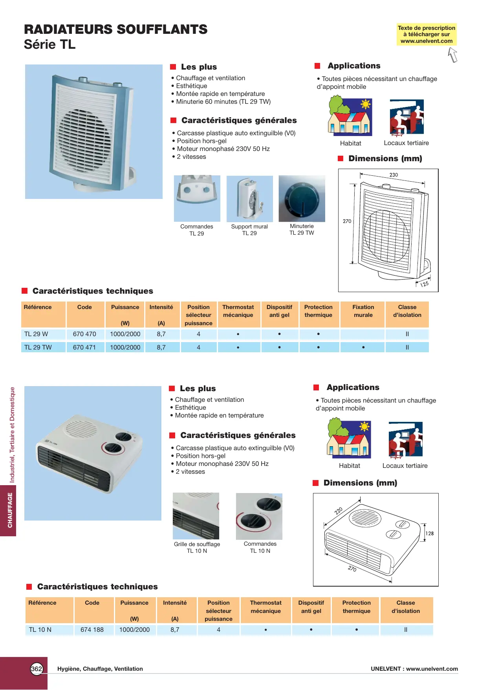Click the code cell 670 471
click(x=84, y=348)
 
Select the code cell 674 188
click(x=92, y=630)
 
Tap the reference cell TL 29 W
click(x=36, y=334)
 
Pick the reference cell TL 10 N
click(x=40, y=630)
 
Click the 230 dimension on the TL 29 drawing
click(x=394, y=175)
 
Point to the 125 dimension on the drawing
click(x=424, y=284)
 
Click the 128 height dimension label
click(x=430, y=534)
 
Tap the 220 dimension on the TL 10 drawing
click(x=339, y=511)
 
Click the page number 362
click(x=37, y=669)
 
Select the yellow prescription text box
click(x=427, y=35)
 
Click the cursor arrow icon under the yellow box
click(x=453, y=55)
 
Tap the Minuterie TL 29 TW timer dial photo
click(x=302, y=199)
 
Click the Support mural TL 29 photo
click(x=249, y=199)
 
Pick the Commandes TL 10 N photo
click(x=259, y=516)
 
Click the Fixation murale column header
click(x=363, y=311)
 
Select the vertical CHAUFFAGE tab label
click(x=10, y=510)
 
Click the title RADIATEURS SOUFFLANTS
click(x=116, y=29)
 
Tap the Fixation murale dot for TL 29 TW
click(x=363, y=348)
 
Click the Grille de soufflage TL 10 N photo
click(x=196, y=516)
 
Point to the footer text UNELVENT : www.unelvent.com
click(x=414, y=669)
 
